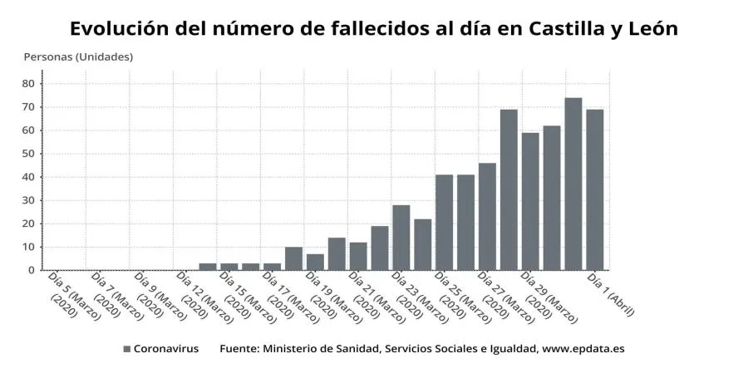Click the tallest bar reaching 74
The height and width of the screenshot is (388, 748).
573,184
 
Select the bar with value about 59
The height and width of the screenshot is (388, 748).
530,201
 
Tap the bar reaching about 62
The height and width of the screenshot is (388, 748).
552,198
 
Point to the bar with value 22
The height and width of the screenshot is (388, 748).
422,244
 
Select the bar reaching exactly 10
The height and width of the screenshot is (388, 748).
293,258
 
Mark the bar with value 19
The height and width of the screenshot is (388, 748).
380,248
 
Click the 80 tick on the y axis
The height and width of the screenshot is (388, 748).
27,84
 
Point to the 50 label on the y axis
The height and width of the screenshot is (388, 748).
27,154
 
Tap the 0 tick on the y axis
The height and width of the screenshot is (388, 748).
31,270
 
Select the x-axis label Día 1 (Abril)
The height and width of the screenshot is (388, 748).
611,295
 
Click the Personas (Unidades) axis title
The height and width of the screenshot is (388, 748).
78,57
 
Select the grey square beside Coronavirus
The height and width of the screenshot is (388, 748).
127,350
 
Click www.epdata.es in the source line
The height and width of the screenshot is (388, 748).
583,349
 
